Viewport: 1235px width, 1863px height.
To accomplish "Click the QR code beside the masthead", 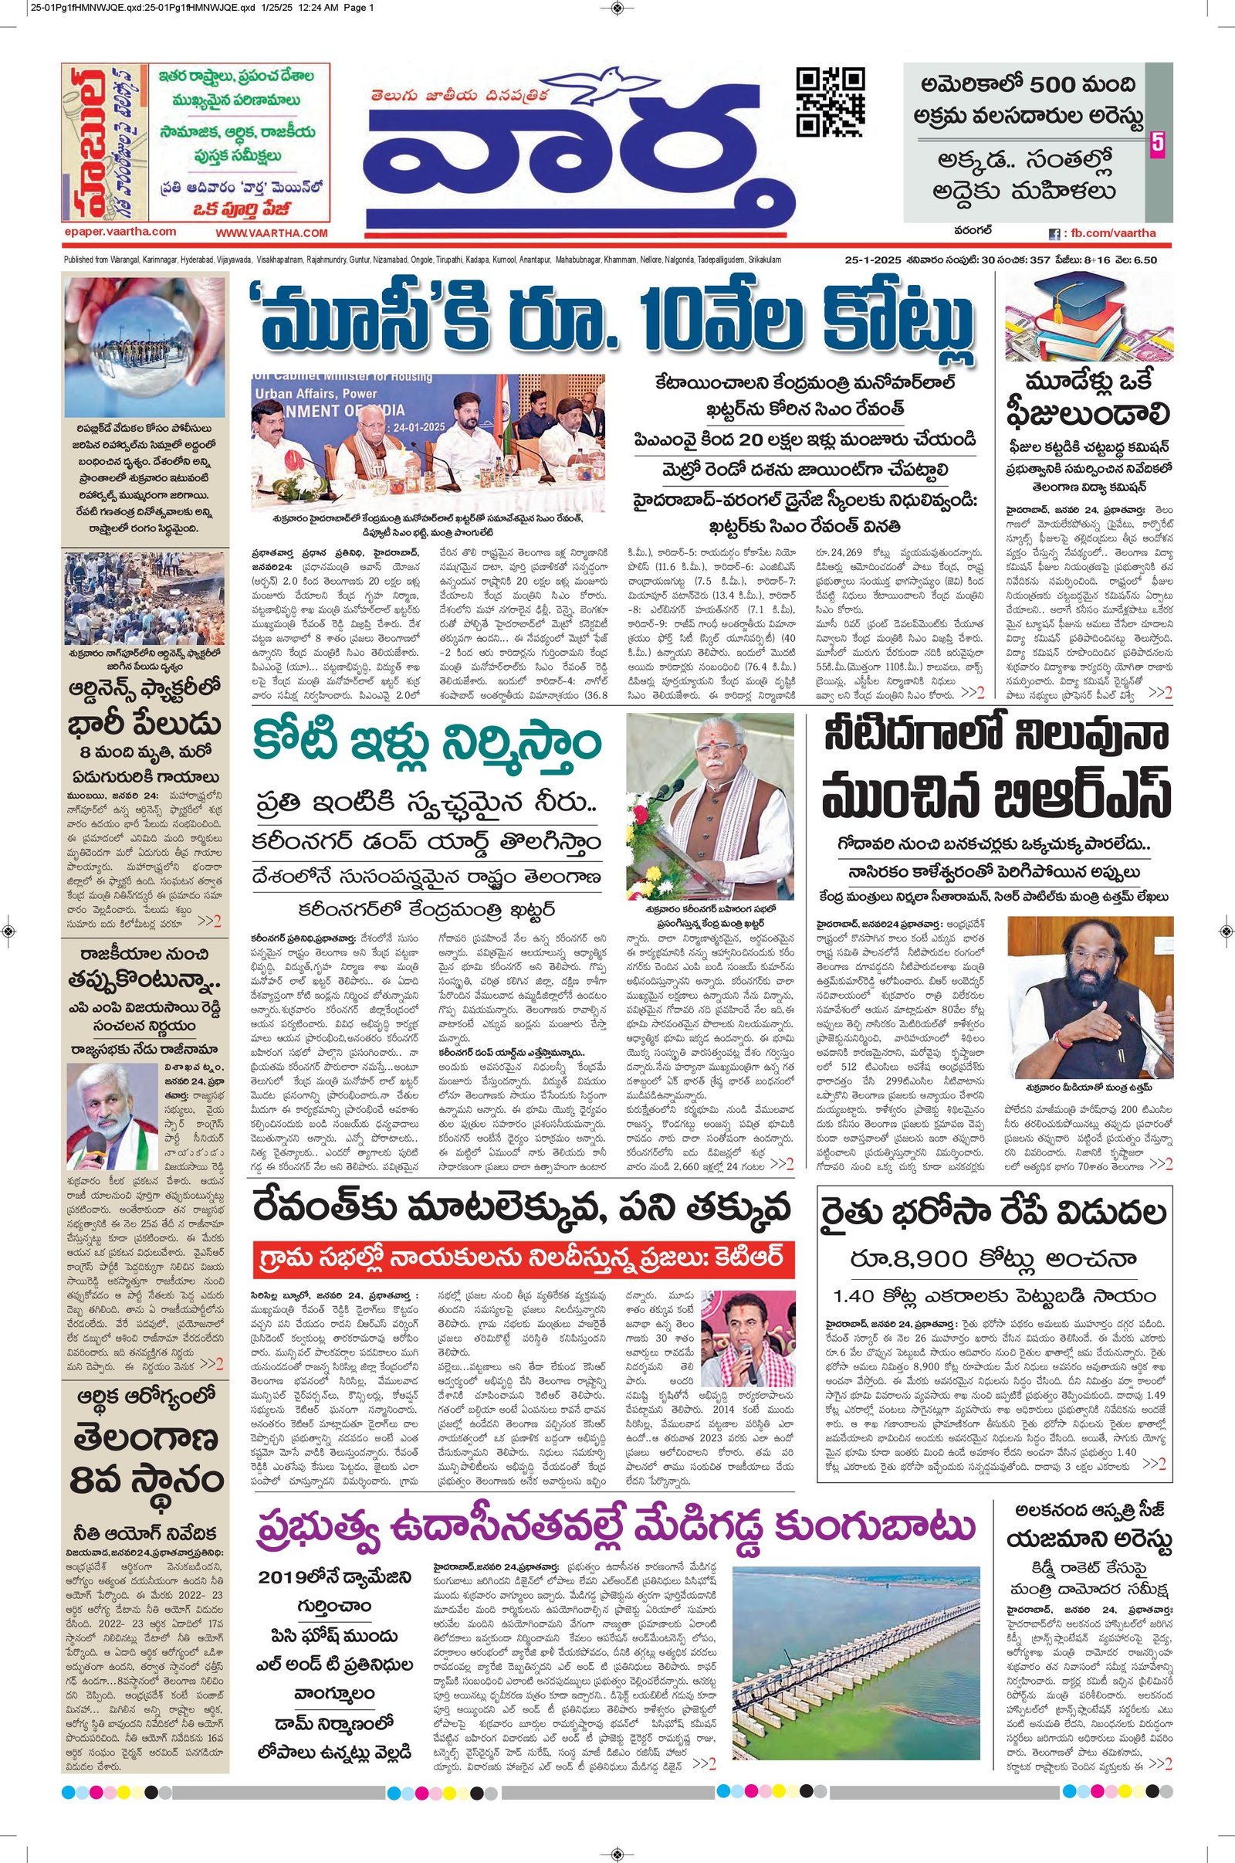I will click(x=831, y=103).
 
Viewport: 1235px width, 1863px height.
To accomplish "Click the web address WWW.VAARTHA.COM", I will click(x=271, y=233).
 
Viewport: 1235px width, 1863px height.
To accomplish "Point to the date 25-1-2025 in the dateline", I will click(x=865, y=260).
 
